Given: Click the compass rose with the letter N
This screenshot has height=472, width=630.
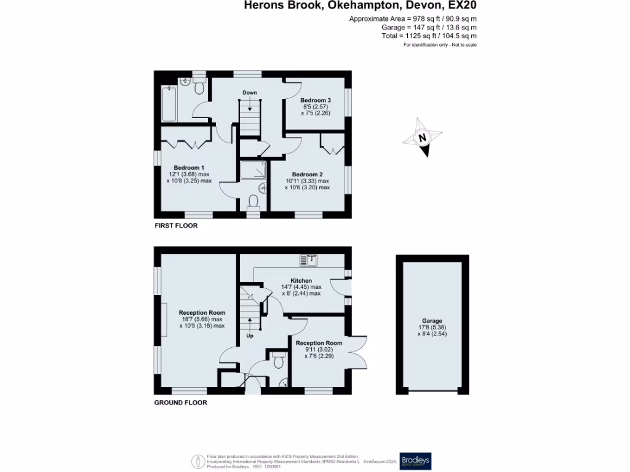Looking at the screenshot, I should tap(422, 138).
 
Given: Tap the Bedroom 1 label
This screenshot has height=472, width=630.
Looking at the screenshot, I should tap(189, 167).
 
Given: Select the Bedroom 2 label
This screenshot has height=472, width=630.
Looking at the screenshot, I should tap(307, 174).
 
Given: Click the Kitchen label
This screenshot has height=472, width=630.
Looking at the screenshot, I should tap(301, 280).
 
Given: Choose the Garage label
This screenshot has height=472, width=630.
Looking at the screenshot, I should tap(432, 321).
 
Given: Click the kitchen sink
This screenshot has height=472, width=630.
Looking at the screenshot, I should tap(309, 261).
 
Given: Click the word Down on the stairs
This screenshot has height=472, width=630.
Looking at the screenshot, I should tap(249, 93).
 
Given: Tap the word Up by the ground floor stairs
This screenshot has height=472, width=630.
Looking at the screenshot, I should tap(250, 336).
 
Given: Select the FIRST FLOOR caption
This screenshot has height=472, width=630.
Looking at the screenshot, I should tap(176, 226).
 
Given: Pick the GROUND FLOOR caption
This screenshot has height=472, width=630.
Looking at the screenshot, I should tap(180, 403).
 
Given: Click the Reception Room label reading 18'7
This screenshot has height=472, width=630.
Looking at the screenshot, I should tap(202, 313).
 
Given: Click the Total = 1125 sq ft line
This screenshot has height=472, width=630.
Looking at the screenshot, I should tap(429, 36).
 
